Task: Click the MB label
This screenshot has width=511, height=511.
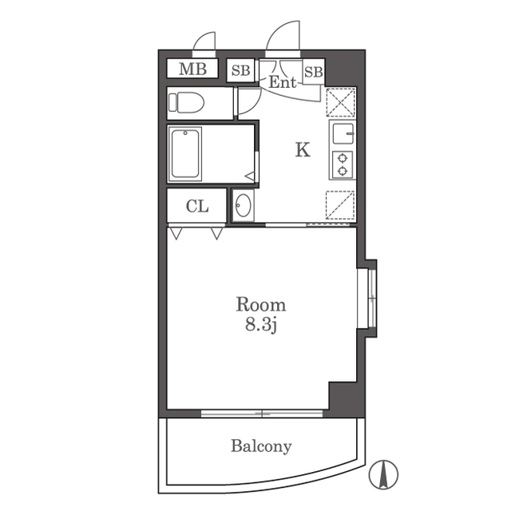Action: click(192, 69)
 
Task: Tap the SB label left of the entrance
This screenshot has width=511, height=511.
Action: click(241, 70)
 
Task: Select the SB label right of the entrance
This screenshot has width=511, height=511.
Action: click(314, 72)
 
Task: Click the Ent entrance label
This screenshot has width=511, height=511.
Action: click(283, 82)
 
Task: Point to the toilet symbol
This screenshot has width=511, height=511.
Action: click(186, 103)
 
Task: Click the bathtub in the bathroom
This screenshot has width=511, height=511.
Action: click(185, 154)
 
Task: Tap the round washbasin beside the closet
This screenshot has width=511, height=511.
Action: click(243, 205)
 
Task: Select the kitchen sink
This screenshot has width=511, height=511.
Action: click(343, 134)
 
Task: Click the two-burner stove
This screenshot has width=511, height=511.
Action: click(343, 165)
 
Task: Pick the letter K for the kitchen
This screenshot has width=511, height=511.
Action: click(303, 150)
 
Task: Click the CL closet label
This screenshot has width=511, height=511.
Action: click(197, 206)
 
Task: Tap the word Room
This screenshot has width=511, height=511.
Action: click(261, 305)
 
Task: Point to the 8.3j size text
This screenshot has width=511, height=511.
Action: click(261, 326)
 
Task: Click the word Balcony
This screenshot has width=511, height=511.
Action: click(261, 446)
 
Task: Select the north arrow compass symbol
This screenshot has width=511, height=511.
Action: click(383, 474)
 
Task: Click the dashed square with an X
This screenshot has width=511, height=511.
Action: click(341, 102)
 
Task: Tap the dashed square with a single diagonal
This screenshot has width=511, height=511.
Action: click(341, 205)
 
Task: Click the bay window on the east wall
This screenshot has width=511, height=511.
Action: click(367, 298)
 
